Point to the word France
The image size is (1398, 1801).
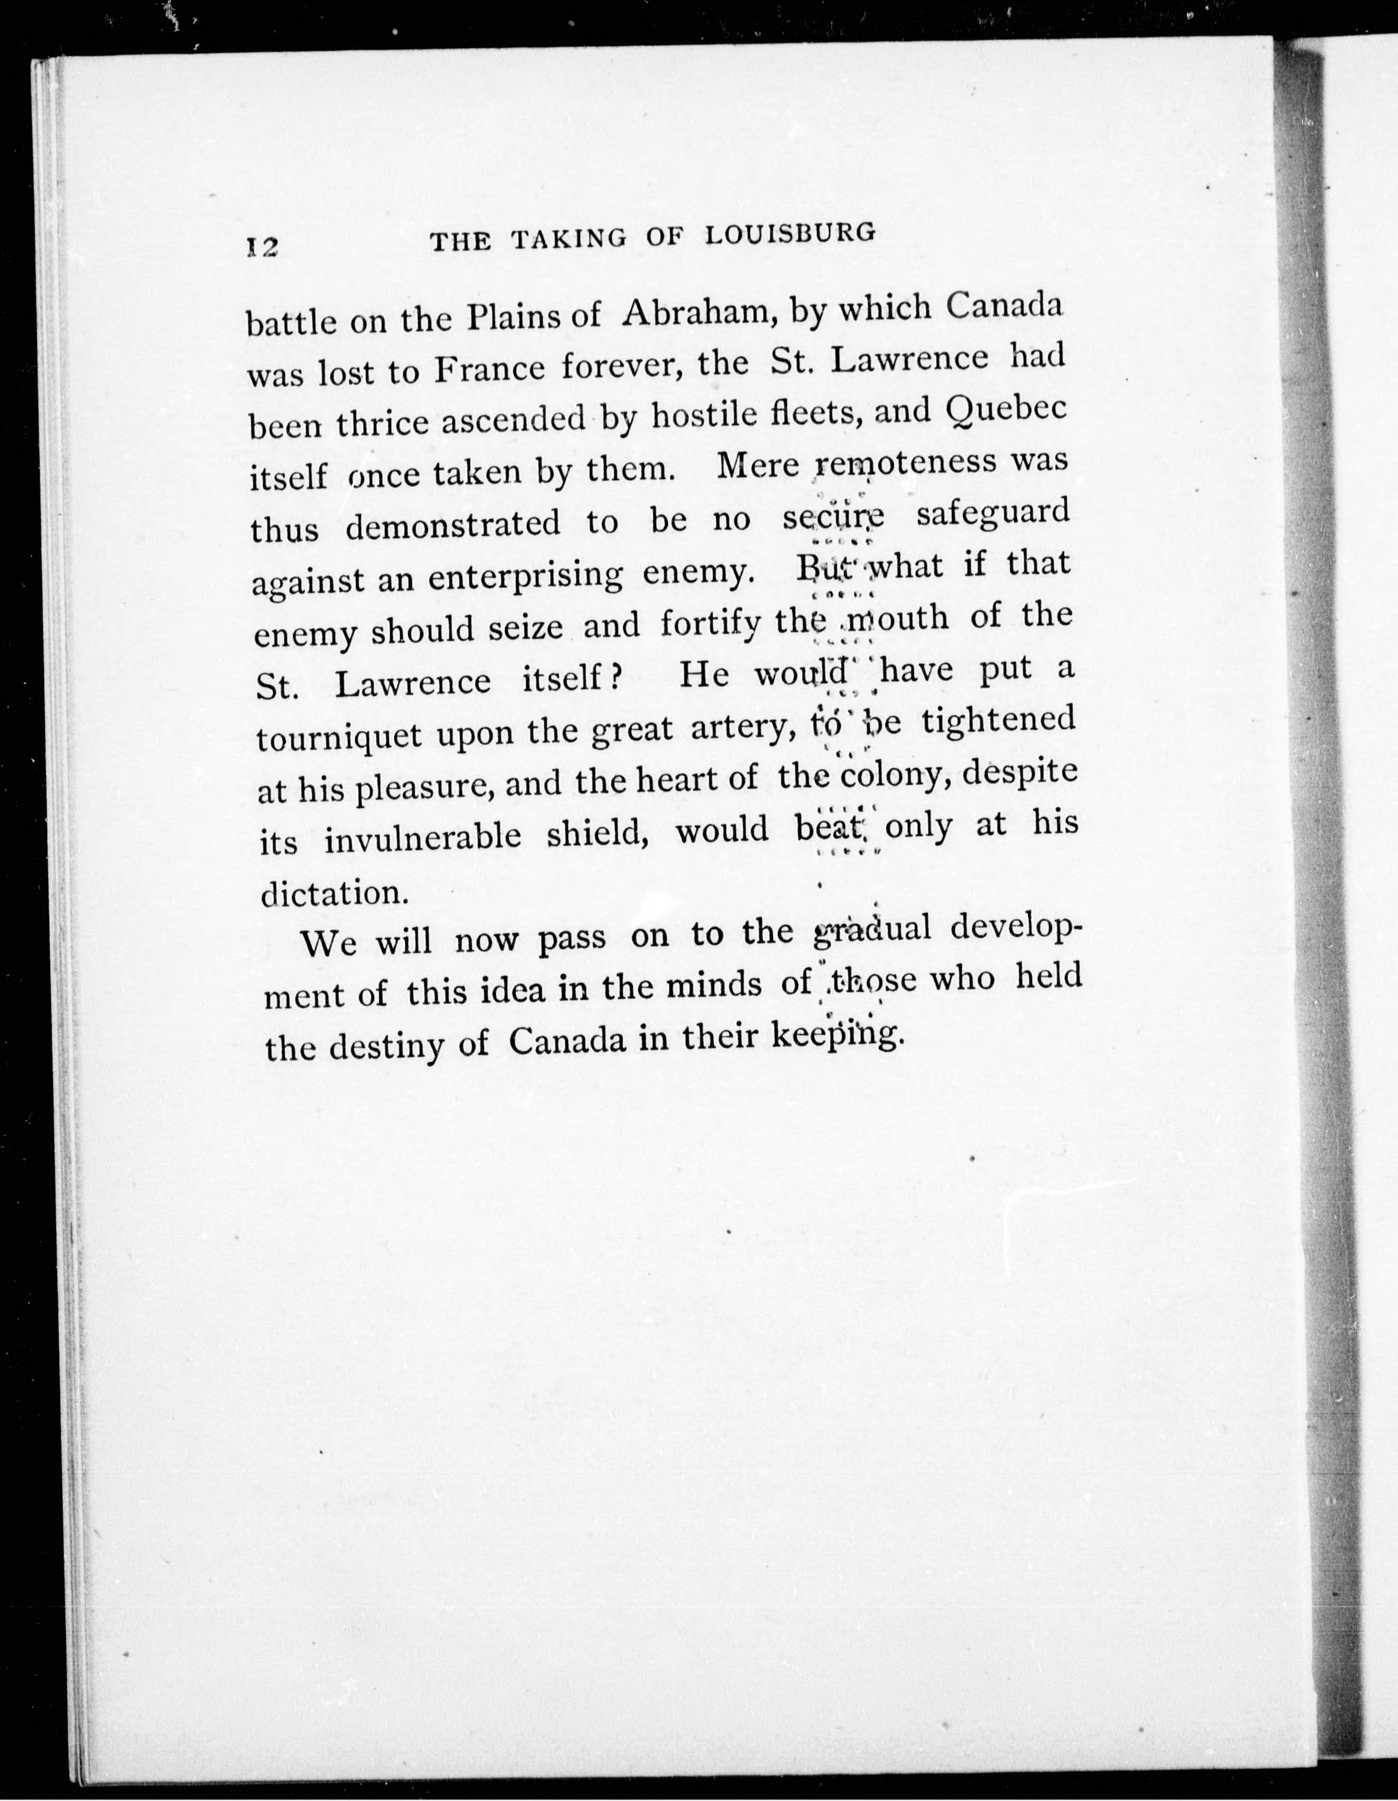[489, 369]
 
